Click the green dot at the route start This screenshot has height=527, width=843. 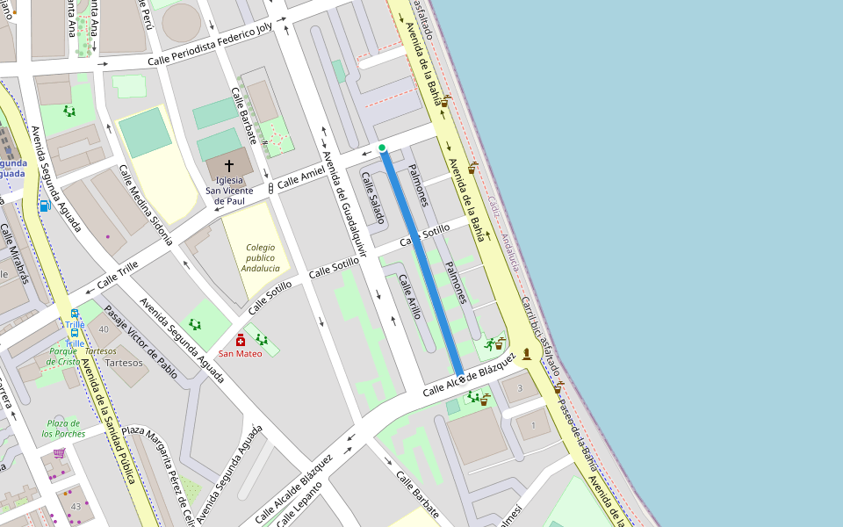382,148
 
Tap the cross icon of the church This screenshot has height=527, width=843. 229,165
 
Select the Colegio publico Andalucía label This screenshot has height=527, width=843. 260,258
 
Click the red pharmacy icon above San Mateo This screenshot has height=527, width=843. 241,339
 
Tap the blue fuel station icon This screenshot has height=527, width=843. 44,206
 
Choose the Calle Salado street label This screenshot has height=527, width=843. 372,197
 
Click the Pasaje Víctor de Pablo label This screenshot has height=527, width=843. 140,342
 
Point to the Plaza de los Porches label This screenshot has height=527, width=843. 65,428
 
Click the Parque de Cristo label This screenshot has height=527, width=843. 63,356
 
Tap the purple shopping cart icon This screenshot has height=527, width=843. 59,453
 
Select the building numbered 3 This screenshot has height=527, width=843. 520,387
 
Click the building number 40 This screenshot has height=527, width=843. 104,329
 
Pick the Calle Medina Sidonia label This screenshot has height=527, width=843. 146,204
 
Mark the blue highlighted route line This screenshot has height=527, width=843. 421,263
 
